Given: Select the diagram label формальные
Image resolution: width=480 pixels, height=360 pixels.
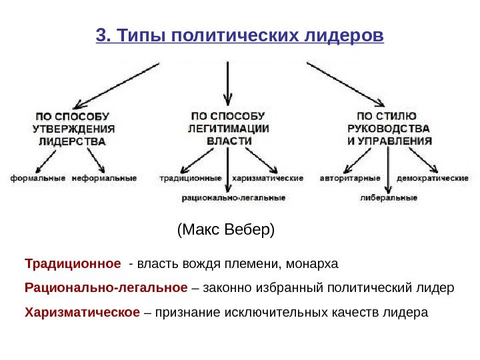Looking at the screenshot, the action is (x=37, y=178).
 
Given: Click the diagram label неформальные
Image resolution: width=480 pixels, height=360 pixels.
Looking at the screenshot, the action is (x=104, y=178).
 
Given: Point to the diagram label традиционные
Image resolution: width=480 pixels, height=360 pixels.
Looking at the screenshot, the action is (x=191, y=178).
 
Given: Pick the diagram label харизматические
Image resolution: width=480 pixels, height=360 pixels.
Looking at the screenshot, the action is (x=269, y=178).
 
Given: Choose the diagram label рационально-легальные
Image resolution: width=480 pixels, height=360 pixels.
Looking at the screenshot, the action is (x=233, y=197).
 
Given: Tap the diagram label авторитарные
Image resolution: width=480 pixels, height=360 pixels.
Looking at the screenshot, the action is (x=350, y=178).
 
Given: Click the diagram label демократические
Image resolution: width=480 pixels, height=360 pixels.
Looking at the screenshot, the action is (x=433, y=178).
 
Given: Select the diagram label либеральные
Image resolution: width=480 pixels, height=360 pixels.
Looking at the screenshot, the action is (x=389, y=197).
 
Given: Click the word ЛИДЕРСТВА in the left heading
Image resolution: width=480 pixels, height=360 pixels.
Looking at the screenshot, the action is (x=72, y=141).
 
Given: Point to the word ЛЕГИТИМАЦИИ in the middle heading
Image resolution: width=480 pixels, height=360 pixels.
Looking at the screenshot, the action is (x=228, y=128).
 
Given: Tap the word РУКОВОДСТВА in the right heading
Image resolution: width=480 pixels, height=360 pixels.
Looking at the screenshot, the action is (x=389, y=128).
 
